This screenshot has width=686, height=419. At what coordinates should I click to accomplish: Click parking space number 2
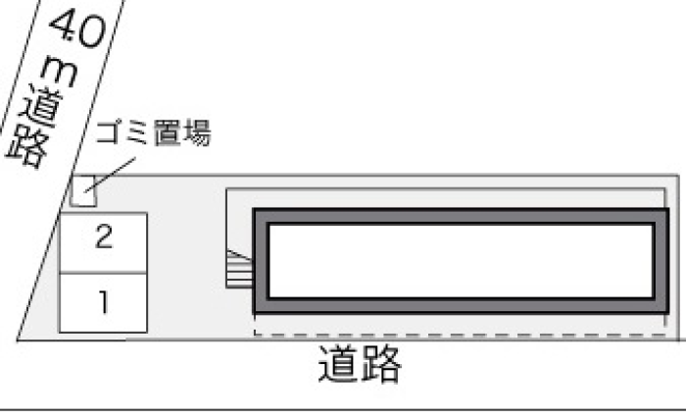point(103,242)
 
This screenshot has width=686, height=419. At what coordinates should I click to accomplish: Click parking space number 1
point(103,303)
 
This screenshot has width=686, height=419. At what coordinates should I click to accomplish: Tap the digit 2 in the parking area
point(104,236)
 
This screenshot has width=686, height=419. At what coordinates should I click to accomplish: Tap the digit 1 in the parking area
point(104,302)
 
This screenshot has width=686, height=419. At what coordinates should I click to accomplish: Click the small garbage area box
point(83,190)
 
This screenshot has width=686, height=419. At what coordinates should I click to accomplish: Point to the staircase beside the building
point(239,269)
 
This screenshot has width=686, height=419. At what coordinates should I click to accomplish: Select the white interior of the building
point(462,261)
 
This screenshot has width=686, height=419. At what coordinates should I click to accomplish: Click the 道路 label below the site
point(360,364)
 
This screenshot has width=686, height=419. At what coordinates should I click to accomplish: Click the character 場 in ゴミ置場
point(197,132)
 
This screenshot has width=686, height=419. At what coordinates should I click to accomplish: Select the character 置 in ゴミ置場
point(168,132)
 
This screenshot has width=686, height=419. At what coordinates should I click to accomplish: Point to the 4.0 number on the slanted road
point(78,28)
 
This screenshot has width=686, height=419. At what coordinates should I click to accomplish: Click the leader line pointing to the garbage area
point(110,175)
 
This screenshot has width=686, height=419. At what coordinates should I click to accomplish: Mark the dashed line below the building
point(460,336)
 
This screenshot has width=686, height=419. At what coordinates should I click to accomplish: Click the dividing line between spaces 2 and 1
point(103,273)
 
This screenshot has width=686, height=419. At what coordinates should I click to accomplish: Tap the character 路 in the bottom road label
point(380,364)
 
